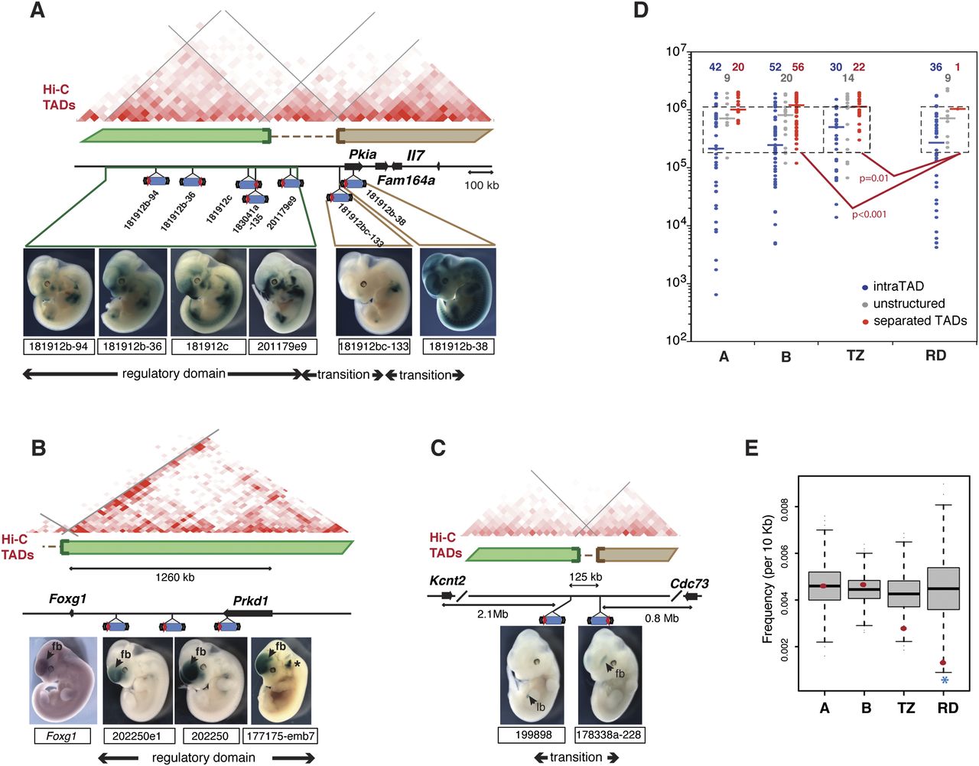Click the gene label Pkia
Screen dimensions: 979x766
(x=363, y=155)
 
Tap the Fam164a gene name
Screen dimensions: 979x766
(x=406, y=181)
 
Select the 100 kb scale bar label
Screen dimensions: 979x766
(x=482, y=185)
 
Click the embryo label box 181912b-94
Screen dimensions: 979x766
(x=59, y=347)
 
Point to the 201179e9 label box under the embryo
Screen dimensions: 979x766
(x=282, y=347)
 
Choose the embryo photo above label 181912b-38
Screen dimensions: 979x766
(x=457, y=292)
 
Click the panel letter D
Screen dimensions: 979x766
(x=641, y=11)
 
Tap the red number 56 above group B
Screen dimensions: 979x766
(x=798, y=67)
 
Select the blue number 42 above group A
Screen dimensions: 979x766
(x=715, y=67)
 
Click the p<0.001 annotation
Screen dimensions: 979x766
(x=869, y=214)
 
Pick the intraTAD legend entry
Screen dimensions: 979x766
(x=892, y=286)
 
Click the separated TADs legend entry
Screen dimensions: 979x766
(x=914, y=321)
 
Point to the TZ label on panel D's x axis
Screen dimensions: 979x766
(x=856, y=356)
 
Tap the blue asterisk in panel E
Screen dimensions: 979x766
(x=945, y=681)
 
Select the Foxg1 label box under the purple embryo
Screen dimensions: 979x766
(x=62, y=736)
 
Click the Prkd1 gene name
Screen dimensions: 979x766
(x=251, y=601)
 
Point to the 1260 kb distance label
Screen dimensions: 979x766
(x=175, y=577)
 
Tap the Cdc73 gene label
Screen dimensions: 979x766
(x=689, y=584)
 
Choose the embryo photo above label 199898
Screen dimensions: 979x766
(x=532, y=675)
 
